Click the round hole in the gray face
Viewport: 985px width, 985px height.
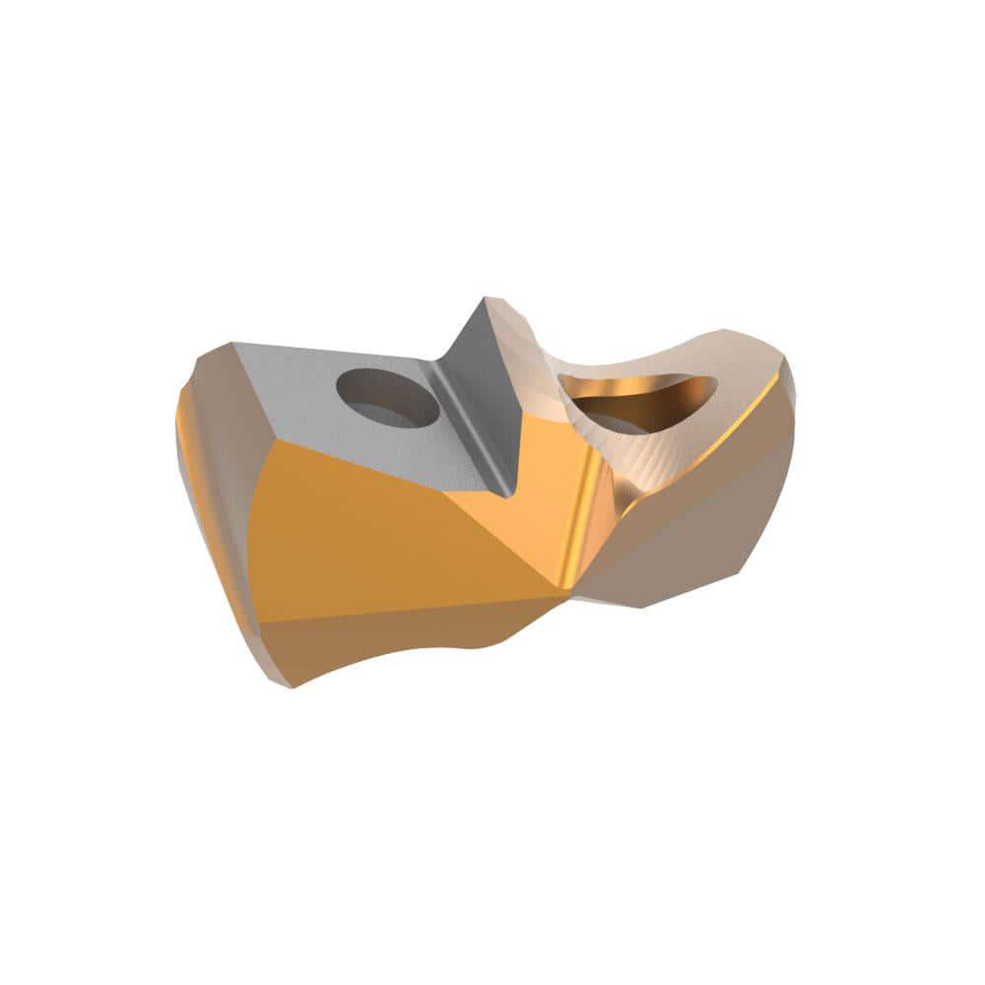tap(387, 397)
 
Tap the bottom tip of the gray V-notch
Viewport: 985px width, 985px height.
tap(507, 492)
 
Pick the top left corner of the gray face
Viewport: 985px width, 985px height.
tap(233, 344)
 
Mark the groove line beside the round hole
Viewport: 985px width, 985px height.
tap(458, 424)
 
